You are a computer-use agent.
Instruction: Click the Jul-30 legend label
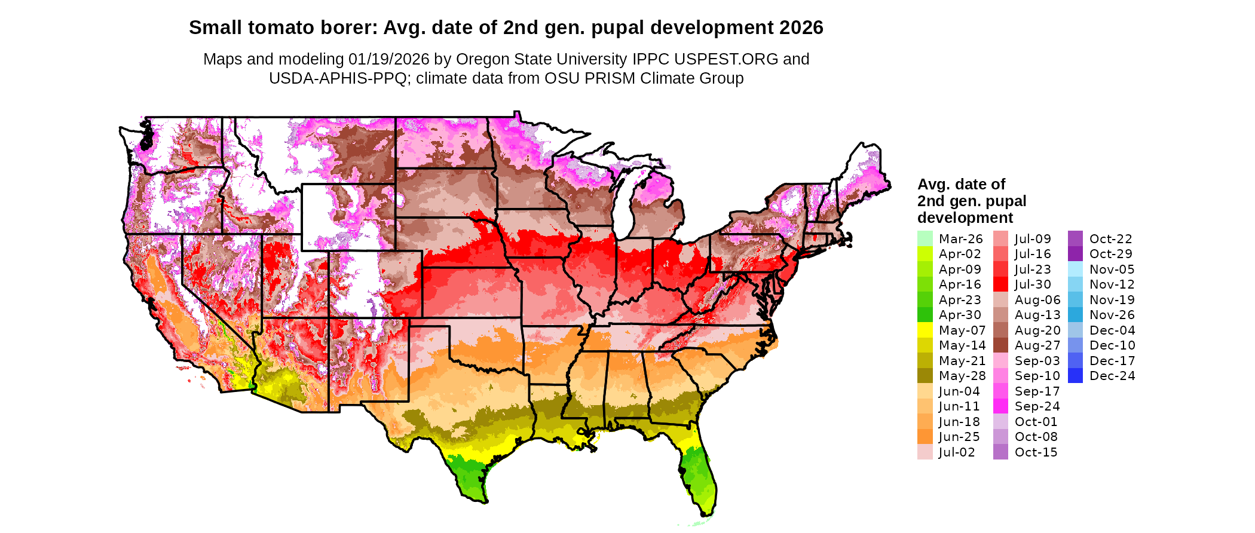tap(1033, 284)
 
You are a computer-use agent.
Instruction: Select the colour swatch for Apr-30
tap(925, 315)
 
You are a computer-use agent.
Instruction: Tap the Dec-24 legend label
tap(1112, 376)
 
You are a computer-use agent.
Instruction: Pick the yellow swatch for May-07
tap(925, 330)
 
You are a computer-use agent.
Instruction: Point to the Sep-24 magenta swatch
tap(1000, 406)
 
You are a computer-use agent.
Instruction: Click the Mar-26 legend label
tap(960, 239)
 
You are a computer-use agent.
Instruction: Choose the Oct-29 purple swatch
tap(1075, 254)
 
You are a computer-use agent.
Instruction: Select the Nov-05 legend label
tap(1112, 269)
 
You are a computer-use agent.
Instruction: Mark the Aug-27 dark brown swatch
tap(1000, 345)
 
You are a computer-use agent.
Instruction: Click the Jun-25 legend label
tap(959, 437)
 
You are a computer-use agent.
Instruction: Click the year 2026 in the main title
tap(801, 27)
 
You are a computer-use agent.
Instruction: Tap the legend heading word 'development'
tap(965, 218)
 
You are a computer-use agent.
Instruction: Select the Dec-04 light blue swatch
tap(1075, 330)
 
